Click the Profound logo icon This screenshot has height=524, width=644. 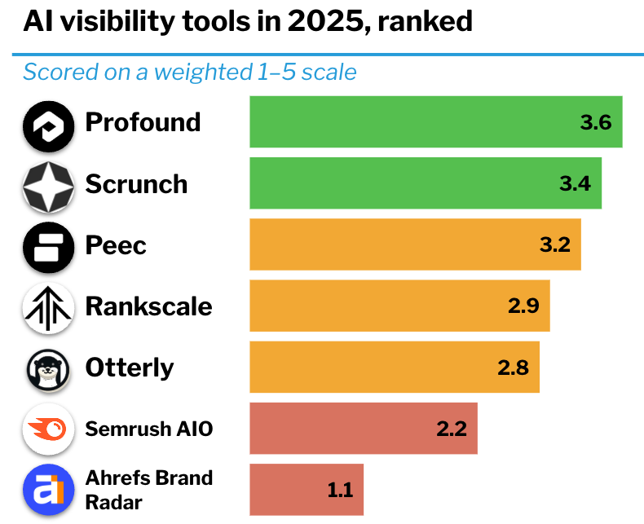pyautogui.click(x=48, y=125)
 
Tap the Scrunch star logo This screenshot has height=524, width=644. pyautogui.click(x=48, y=186)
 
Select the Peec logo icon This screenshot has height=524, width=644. pyautogui.click(x=48, y=247)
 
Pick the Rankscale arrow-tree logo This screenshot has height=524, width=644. pyautogui.click(x=48, y=308)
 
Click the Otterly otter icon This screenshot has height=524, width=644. pyautogui.click(x=48, y=369)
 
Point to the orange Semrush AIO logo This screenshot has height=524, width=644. pyautogui.click(x=48, y=429)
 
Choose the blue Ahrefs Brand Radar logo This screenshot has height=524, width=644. pyautogui.click(x=48, y=491)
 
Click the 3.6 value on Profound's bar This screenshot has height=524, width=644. pyautogui.click(x=595, y=123)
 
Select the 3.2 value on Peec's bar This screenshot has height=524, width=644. pyautogui.click(x=554, y=244)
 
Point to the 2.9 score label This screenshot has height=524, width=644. pyautogui.click(x=523, y=306)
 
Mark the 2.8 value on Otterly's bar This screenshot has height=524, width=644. pyautogui.click(x=513, y=368)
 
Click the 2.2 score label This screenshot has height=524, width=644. pyautogui.click(x=451, y=429)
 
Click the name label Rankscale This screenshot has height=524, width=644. pyautogui.click(x=148, y=306)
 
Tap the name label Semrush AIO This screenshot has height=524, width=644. pyautogui.click(x=148, y=429)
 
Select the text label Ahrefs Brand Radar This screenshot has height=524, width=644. pyautogui.click(x=148, y=489)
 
